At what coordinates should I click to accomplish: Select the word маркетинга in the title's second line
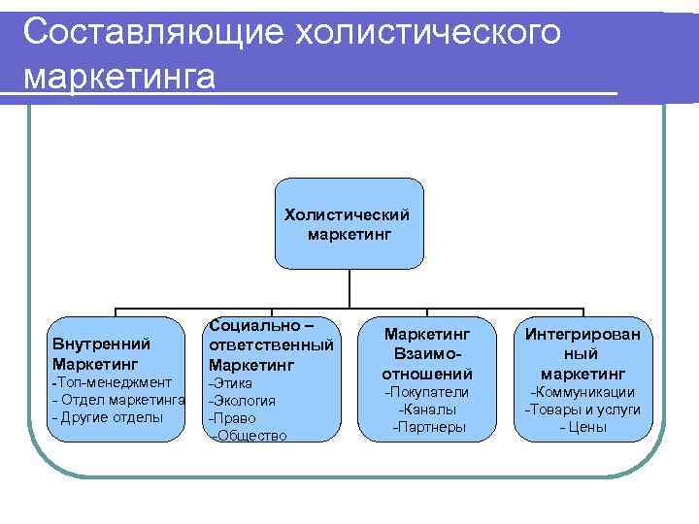point(118,75)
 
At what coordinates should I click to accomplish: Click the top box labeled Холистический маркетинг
point(348,223)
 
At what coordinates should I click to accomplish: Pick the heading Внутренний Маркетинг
point(101,353)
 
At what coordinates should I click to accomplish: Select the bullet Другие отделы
point(107,417)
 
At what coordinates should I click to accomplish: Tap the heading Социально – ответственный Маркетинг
point(271,344)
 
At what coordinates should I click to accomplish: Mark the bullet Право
point(233,418)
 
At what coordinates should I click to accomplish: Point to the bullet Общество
point(248,436)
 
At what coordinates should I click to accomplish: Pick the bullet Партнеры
point(428,427)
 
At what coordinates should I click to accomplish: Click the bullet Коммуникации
point(582,392)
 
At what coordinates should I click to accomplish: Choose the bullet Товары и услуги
point(582,409)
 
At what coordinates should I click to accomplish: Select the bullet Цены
point(583,427)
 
